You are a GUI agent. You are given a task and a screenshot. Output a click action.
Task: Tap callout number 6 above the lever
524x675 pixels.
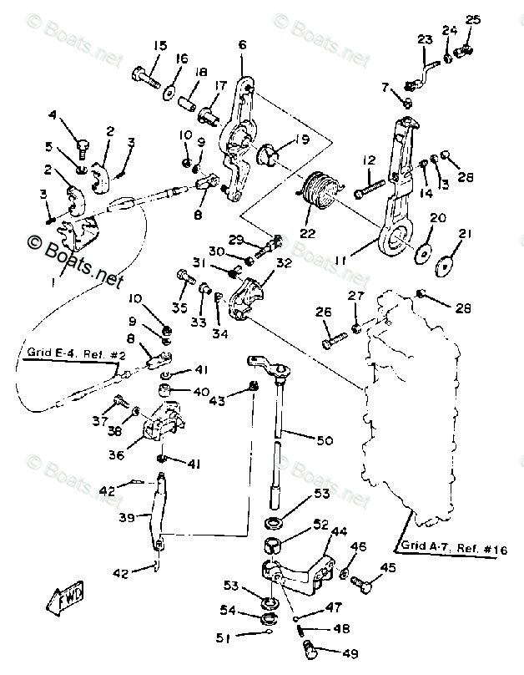(242, 44)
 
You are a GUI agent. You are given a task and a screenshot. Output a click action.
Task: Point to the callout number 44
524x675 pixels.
(339, 531)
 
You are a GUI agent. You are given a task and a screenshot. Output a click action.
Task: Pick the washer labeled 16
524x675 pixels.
(169, 88)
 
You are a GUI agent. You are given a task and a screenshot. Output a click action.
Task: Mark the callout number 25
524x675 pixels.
(473, 19)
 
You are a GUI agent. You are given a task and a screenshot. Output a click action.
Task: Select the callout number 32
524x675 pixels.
(284, 262)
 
